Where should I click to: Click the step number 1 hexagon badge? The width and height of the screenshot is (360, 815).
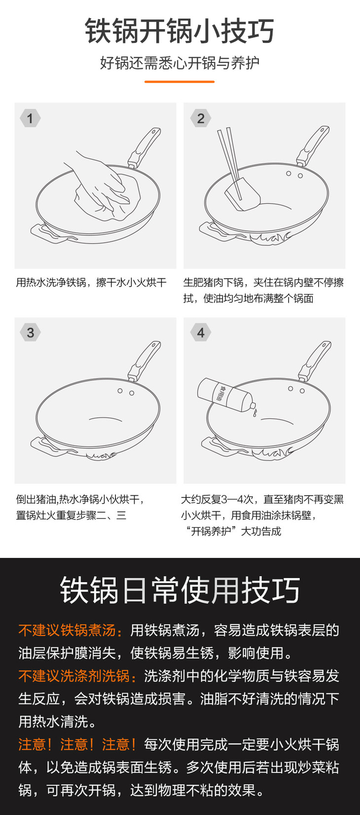30,118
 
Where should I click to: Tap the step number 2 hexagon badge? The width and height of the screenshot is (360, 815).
201,118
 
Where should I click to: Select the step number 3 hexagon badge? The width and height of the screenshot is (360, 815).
30,332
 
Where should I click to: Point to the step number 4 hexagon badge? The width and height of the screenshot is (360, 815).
201,332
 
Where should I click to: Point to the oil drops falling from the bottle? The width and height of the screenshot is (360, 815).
254,412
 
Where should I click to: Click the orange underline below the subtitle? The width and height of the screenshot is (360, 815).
180,81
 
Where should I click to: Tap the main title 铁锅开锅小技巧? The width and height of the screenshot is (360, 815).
180,32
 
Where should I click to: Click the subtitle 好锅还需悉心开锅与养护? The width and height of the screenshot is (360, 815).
180,63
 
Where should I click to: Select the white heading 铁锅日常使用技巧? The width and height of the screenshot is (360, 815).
180,590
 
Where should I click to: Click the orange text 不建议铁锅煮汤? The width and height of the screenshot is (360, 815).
67,630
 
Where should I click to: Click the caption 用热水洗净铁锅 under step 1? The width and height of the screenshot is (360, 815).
51,282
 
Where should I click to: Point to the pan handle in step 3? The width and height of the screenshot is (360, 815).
144,360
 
